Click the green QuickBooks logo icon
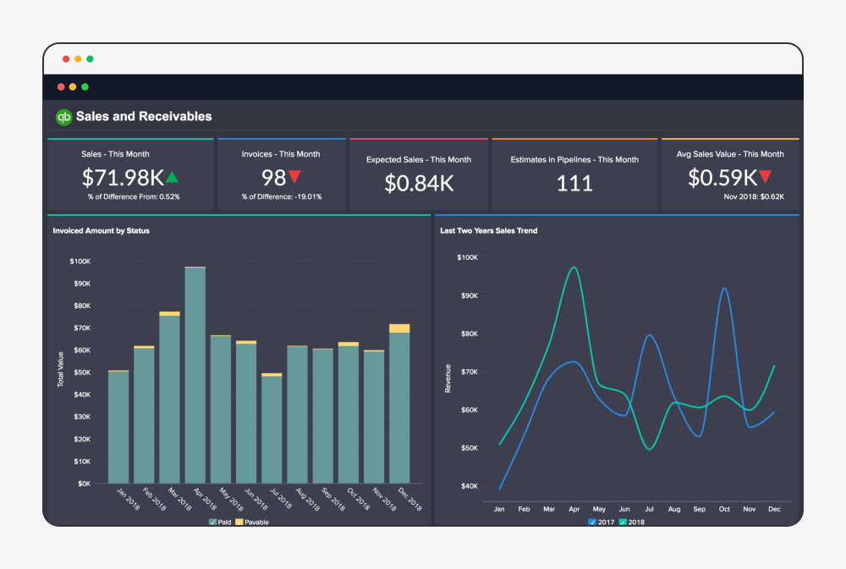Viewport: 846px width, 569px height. pos(63,117)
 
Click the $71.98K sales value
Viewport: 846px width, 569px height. pos(123,178)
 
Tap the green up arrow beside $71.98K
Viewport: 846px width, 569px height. pos(173,177)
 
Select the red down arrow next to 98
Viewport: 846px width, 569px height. pos(294,177)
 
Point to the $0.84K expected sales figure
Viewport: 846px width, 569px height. pos(419,183)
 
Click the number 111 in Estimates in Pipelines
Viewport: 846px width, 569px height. pos(574,183)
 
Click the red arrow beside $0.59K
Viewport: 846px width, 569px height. pos(765,177)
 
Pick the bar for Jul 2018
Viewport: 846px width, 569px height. pos(272,428)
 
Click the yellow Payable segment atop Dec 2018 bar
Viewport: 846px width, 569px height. pos(399,329)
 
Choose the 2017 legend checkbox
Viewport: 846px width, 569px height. pos(592,522)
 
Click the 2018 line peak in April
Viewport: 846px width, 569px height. pos(574,268)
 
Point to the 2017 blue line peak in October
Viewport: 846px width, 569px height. pos(725,289)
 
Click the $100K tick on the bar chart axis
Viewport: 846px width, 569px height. pos(82,262)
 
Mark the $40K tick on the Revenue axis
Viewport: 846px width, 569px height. pos(468,486)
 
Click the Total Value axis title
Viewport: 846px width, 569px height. pos(61,369)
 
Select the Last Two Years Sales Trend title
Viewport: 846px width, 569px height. pos(488,230)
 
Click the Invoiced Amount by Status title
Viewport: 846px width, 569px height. pos(101,230)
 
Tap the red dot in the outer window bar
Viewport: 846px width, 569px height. pos(66,59)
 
